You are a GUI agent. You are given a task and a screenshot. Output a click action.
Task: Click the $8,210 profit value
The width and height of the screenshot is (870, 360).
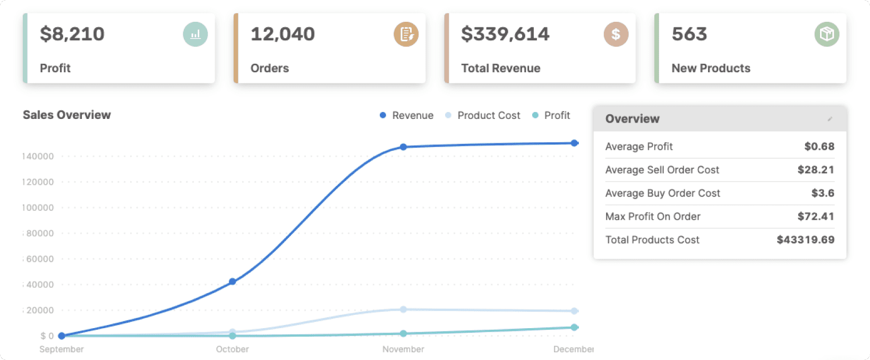coord(72,34)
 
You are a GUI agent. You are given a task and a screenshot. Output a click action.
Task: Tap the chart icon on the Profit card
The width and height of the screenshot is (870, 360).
coord(195,35)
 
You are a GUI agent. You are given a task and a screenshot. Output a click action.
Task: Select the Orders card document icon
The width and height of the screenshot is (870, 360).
coord(406,35)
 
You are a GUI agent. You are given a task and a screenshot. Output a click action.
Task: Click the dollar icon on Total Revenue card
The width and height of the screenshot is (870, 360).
coord(616,35)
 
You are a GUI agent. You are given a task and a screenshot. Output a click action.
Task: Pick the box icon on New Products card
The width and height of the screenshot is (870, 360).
coord(826,35)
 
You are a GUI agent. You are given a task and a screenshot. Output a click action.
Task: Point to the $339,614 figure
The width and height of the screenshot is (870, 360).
coord(505,34)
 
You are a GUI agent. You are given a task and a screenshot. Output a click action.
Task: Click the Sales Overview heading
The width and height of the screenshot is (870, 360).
coord(67,115)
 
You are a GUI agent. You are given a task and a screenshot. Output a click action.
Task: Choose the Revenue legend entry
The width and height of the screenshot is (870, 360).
coord(407,115)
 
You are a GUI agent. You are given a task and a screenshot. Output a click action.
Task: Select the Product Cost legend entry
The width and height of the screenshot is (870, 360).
coord(483,115)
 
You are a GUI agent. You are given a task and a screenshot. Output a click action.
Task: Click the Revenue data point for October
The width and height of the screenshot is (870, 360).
coord(232,281)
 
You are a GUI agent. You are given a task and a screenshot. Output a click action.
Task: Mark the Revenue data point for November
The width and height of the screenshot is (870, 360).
coord(403,147)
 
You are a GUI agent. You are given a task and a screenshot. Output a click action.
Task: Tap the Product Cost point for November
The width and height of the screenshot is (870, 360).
coord(403,309)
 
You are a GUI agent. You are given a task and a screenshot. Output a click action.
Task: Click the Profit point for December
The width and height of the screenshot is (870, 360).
coord(574,327)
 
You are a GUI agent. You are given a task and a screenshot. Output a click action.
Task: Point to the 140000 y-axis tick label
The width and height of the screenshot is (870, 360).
coord(38,156)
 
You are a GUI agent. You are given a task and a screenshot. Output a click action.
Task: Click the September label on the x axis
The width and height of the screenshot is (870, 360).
coord(62,349)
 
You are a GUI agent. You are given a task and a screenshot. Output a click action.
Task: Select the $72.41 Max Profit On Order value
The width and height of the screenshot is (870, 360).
coord(816,216)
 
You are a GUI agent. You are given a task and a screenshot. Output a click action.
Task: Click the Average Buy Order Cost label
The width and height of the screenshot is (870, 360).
coord(663,193)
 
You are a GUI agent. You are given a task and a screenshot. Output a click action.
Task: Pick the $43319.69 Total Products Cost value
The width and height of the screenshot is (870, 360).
coord(806,239)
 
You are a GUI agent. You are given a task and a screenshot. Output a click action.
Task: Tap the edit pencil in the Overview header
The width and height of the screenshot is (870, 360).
coord(830,119)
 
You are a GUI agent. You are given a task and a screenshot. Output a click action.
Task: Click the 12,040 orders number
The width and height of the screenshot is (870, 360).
coord(283,34)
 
